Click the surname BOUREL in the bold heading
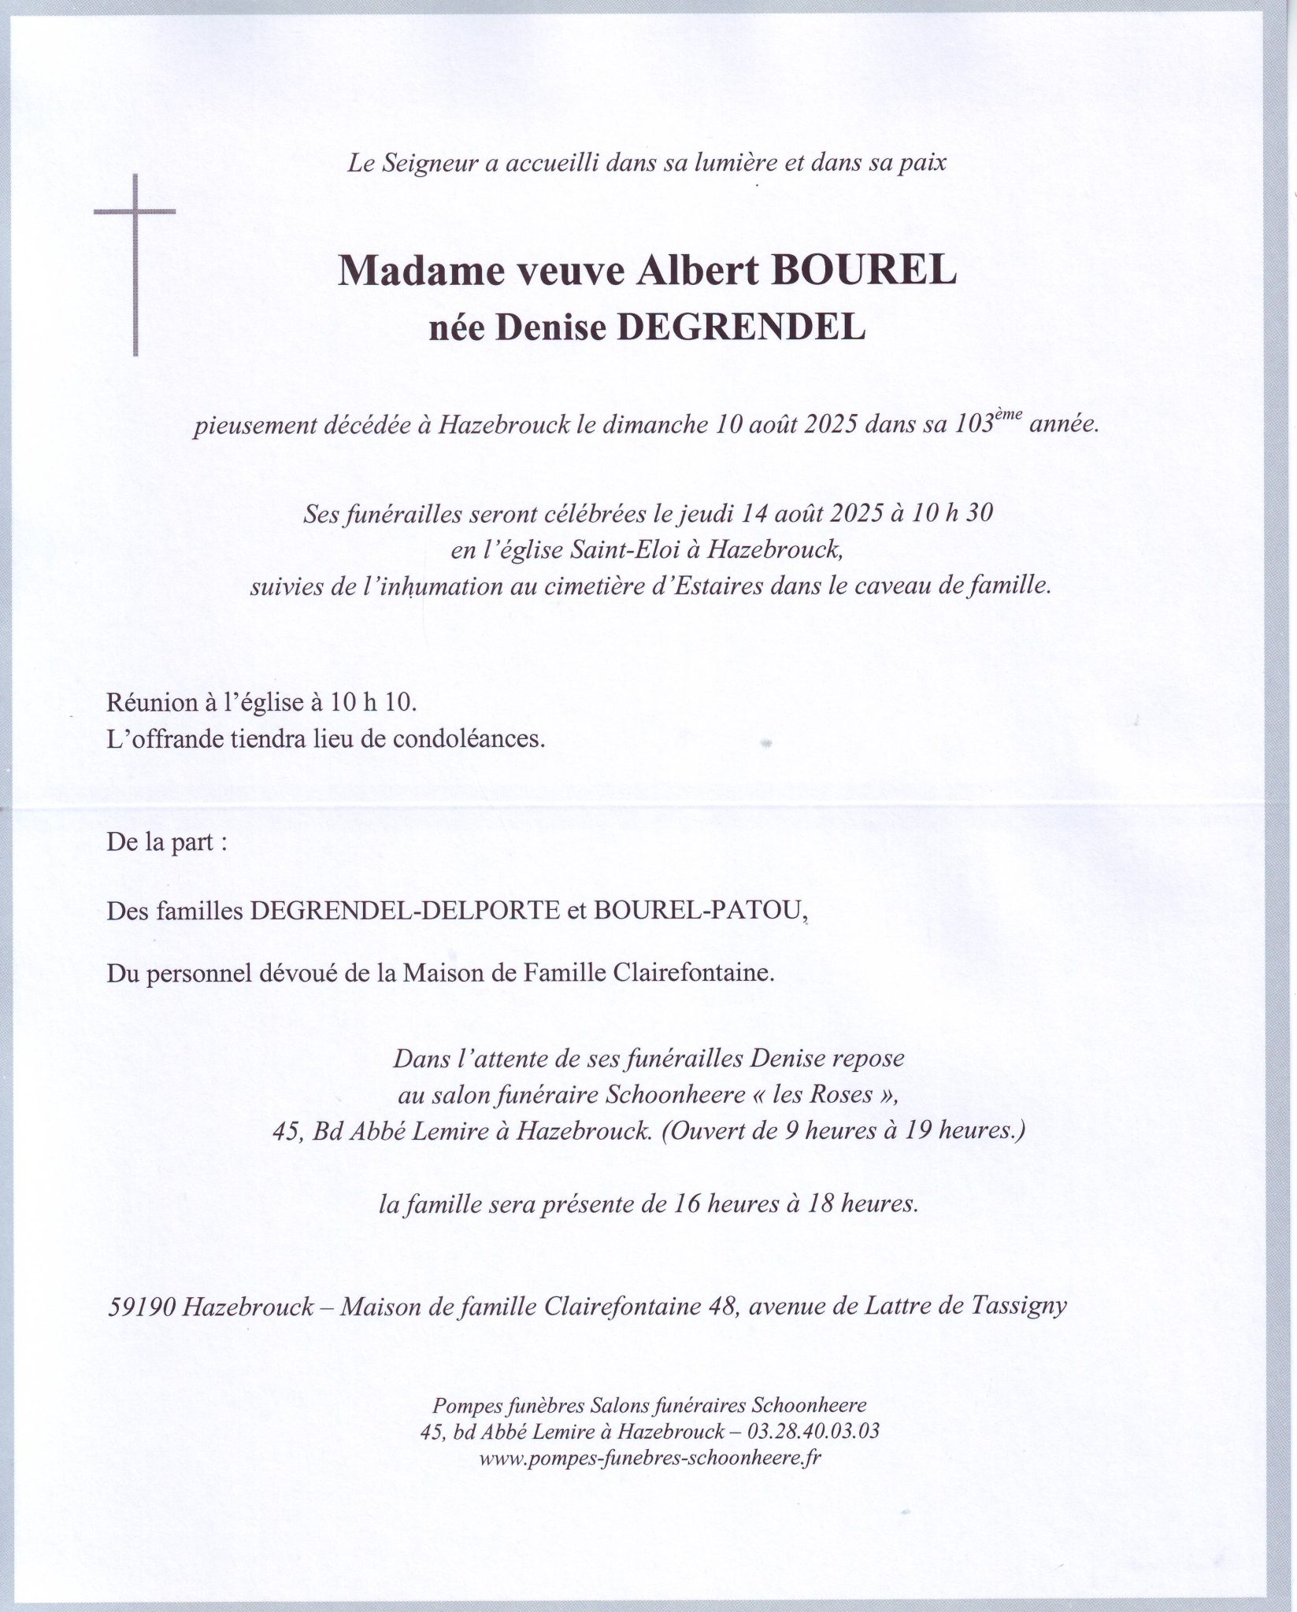point(866,272)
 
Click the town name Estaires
point(706,587)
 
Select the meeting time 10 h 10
point(372,703)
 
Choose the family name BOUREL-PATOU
point(701,911)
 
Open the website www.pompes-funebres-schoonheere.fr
point(650,1458)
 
